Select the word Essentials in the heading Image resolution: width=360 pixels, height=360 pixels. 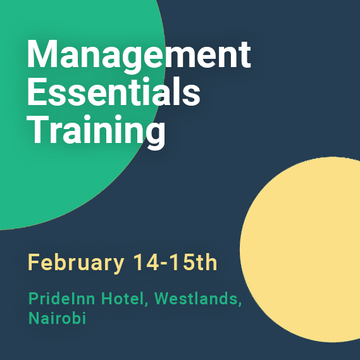(x=114, y=91)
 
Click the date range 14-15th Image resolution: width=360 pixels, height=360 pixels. (x=175, y=262)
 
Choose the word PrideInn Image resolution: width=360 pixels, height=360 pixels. (x=61, y=299)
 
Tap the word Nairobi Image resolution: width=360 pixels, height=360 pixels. (x=57, y=318)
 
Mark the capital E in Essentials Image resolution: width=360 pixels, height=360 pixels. (x=37, y=91)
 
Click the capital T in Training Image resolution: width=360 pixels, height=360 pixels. (x=38, y=129)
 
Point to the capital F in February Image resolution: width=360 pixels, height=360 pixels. (x=34, y=262)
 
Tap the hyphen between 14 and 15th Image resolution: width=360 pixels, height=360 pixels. (x=164, y=264)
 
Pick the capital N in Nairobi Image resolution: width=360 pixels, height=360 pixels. (x=34, y=318)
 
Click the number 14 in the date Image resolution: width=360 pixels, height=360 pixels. (x=146, y=262)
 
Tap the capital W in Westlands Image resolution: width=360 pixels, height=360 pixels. (x=163, y=299)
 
